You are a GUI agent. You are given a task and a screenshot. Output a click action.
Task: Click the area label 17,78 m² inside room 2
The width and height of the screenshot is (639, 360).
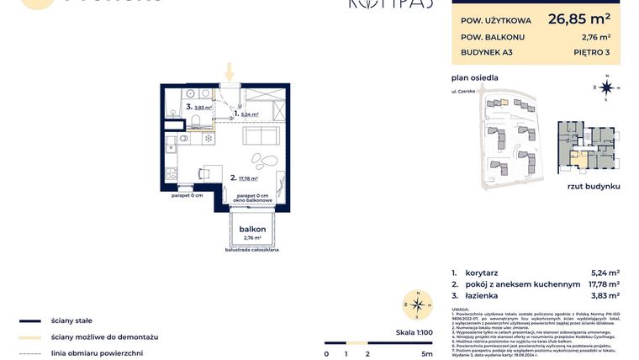click(247, 178)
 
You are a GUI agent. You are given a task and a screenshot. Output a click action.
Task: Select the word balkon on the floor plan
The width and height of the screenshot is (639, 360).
click(252, 229)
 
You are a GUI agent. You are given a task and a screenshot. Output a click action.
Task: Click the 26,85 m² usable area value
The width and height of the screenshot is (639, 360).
click(578, 18)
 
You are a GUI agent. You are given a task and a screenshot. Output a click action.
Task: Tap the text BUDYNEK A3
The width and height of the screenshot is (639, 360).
click(487, 52)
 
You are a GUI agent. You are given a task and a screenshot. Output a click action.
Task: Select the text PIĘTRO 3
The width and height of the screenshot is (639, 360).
click(593, 52)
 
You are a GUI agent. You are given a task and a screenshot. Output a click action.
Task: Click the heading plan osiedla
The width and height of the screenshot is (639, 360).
click(474, 77)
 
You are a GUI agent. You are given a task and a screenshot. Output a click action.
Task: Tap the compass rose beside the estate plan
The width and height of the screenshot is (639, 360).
click(605, 86)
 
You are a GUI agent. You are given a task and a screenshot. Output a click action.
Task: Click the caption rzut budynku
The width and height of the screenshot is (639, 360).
click(593, 185)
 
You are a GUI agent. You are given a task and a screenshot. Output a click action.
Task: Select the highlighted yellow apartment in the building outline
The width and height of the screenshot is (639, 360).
click(578, 157)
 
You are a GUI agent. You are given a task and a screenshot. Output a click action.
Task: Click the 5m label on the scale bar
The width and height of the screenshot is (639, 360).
click(427, 354)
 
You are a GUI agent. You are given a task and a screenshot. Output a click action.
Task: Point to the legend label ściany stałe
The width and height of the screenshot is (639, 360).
click(71, 320)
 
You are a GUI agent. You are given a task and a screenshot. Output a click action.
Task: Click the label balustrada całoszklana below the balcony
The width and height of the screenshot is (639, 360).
click(252, 250)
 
